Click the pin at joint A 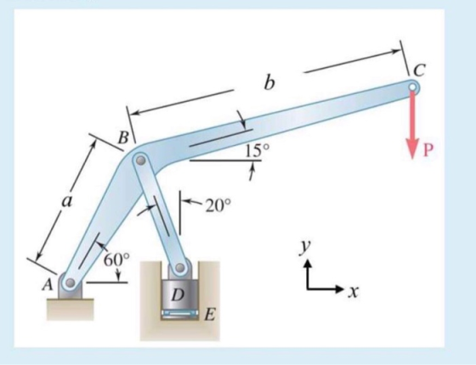pyautogui.click(x=70, y=283)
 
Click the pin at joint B pyautogui.click(x=140, y=160)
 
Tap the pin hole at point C pyautogui.click(x=412, y=87)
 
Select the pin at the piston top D pyautogui.click(x=180, y=267)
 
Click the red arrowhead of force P pyautogui.click(x=412, y=149)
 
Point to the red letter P pyautogui.click(x=428, y=150)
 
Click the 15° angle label pyautogui.click(x=257, y=151)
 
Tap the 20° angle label pyautogui.click(x=218, y=205)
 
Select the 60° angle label pyautogui.click(x=117, y=260)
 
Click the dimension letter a pyautogui.click(x=67, y=201)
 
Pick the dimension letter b pyautogui.click(x=269, y=82)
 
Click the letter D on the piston pyautogui.click(x=178, y=295)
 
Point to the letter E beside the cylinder pyautogui.click(x=210, y=315)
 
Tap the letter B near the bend pyautogui.click(x=123, y=138)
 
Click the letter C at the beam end pyautogui.click(x=420, y=70)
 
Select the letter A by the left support pyautogui.click(x=48, y=284)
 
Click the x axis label pyautogui.click(x=353, y=292)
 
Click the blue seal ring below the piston pyautogui.click(x=179, y=313)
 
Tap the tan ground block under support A pyautogui.click(x=70, y=309)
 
